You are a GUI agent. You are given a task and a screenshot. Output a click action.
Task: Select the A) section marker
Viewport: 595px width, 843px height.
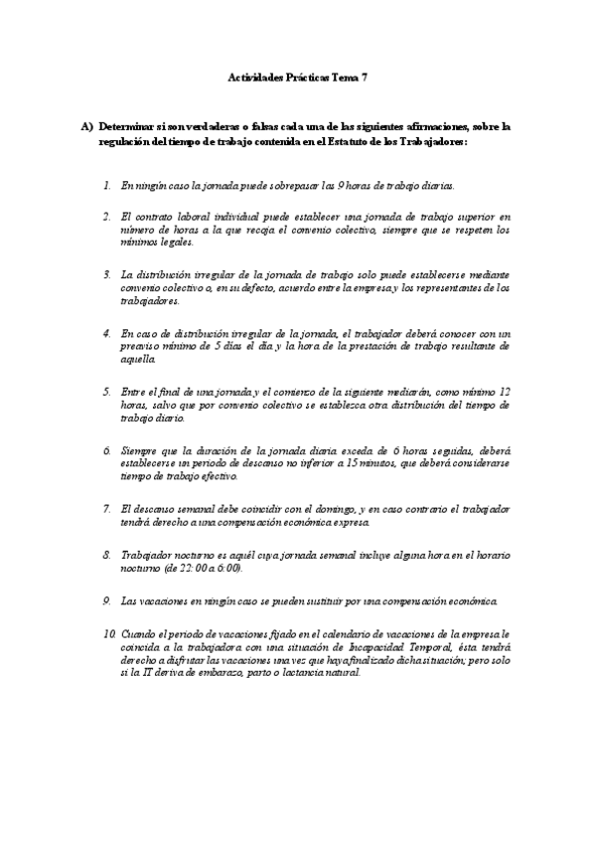point(87,126)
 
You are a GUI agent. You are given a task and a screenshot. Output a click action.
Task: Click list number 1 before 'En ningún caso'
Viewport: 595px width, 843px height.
point(107,185)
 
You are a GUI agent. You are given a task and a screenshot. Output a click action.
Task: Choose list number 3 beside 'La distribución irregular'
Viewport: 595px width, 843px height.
point(107,272)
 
